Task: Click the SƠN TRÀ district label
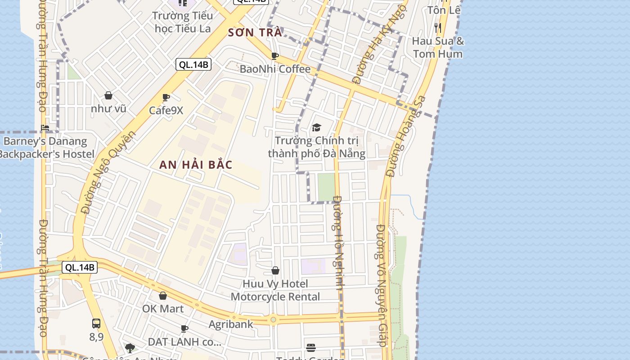[x=255, y=32]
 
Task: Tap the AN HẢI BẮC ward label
[x=196, y=165]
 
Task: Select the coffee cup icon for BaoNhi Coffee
[x=275, y=56]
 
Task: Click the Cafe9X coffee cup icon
[x=166, y=97]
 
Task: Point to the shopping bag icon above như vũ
[x=108, y=95]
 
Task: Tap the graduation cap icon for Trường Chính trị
[x=316, y=128]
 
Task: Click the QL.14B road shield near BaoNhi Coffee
[x=193, y=64]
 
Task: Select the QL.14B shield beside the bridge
[x=80, y=267]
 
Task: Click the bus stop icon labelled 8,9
[x=96, y=323]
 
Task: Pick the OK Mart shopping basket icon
[x=163, y=296]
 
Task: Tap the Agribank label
[x=231, y=324]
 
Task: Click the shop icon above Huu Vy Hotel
[x=275, y=270]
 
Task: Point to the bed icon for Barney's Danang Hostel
[x=45, y=128]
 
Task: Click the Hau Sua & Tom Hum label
[x=437, y=47]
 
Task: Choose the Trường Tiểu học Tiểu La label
[x=182, y=22]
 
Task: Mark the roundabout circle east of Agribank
[x=273, y=320]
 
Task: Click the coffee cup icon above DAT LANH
[x=184, y=328]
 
